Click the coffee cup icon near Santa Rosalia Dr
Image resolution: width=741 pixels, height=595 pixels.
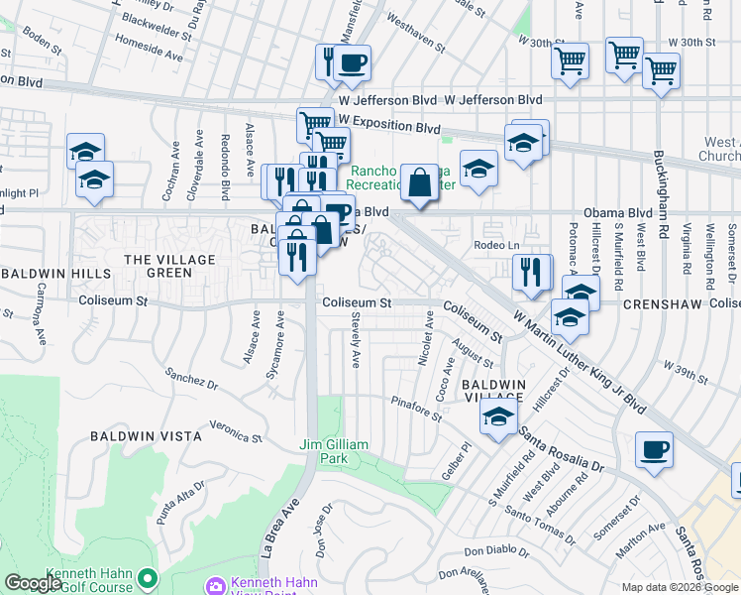coord(655,448)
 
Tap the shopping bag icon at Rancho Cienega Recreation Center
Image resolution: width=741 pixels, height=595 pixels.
coord(420,181)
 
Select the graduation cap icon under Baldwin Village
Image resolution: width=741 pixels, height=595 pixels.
coord(498,416)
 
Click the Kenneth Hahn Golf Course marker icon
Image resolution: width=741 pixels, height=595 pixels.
coord(148,576)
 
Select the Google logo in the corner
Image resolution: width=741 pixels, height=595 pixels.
coord(33,583)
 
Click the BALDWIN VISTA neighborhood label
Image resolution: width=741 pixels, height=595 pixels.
coord(146,435)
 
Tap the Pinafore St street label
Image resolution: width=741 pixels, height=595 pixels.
coord(416,411)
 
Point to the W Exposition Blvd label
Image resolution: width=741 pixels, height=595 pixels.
coord(388,128)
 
